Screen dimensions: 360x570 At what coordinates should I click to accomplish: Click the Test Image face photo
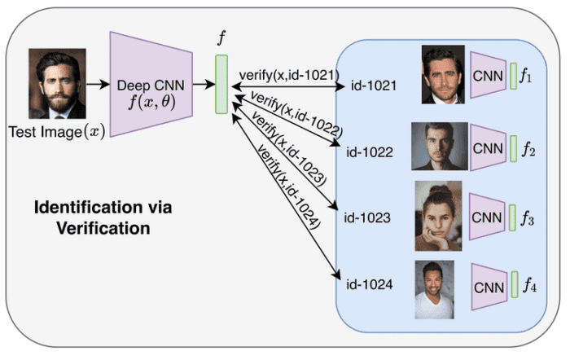(x=57, y=84)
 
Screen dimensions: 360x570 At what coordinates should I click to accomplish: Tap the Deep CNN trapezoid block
(x=151, y=84)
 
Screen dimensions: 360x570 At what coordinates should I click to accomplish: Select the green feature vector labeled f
(x=221, y=84)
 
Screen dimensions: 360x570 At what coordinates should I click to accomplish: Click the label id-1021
(x=373, y=85)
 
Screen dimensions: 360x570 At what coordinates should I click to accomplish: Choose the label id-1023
(x=369, y=218)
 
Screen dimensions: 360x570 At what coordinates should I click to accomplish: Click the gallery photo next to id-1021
(x=443, y=74)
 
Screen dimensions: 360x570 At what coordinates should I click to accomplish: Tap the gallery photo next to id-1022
(x=440, y=146)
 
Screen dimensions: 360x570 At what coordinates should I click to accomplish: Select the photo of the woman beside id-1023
(x=438, y=215)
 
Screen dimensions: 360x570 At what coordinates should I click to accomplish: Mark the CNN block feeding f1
(x=488, y=75)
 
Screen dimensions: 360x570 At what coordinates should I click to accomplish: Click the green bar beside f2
(x=514, y=148)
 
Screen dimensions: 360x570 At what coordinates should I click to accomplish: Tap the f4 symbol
(x=530, y=285)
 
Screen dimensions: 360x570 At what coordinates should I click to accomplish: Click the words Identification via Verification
(x=103, y=217)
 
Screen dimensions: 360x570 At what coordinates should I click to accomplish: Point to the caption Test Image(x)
(x=56, y=130)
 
